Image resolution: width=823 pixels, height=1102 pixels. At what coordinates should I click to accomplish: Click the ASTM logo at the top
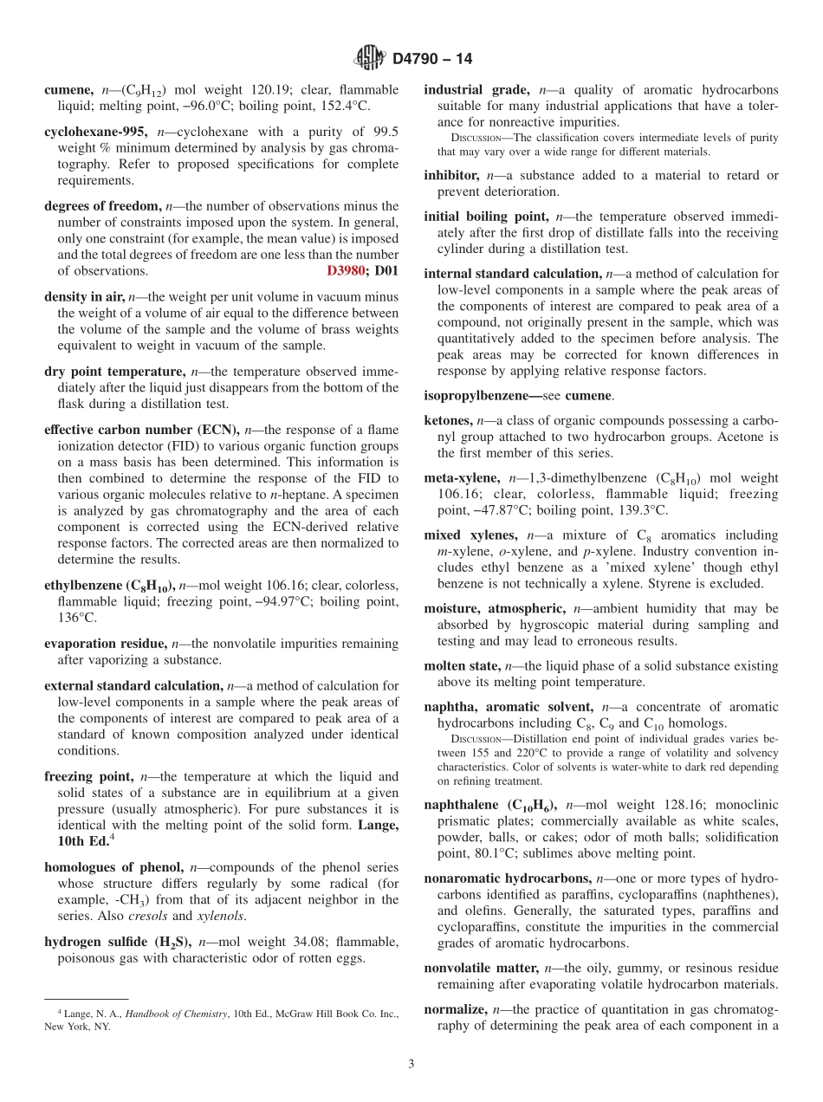point(370,58)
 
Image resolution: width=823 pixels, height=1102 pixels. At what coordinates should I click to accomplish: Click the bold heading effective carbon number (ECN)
point(142,430)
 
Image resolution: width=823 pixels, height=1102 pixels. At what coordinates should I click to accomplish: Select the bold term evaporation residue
point(105,644)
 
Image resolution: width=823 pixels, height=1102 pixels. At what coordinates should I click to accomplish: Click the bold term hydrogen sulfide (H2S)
point(117,942)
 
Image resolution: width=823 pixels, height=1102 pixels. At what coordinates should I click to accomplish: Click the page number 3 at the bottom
point(411,1064)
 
